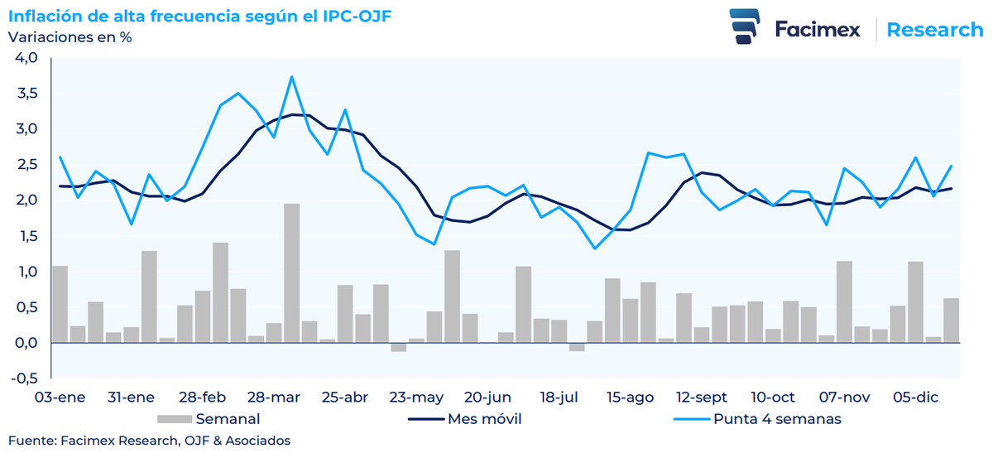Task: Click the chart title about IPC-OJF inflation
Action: pos(199,17)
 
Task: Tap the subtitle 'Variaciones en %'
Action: pos(70,37)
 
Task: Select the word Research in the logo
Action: pos(934,30)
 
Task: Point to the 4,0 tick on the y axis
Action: pos(26,58)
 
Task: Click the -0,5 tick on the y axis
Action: pos(25,379)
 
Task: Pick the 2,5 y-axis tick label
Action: pos(26,165)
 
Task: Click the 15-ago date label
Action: pos(629,398)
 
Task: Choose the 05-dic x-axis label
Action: pos(916,398)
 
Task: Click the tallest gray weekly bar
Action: pos(291,273)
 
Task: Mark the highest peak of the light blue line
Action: pos(291,77)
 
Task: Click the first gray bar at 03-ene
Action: pos(60,304)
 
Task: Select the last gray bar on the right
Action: pos(951,321)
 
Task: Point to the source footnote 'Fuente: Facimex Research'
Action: pos(149,441)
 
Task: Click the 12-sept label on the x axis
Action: pos(701,398)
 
